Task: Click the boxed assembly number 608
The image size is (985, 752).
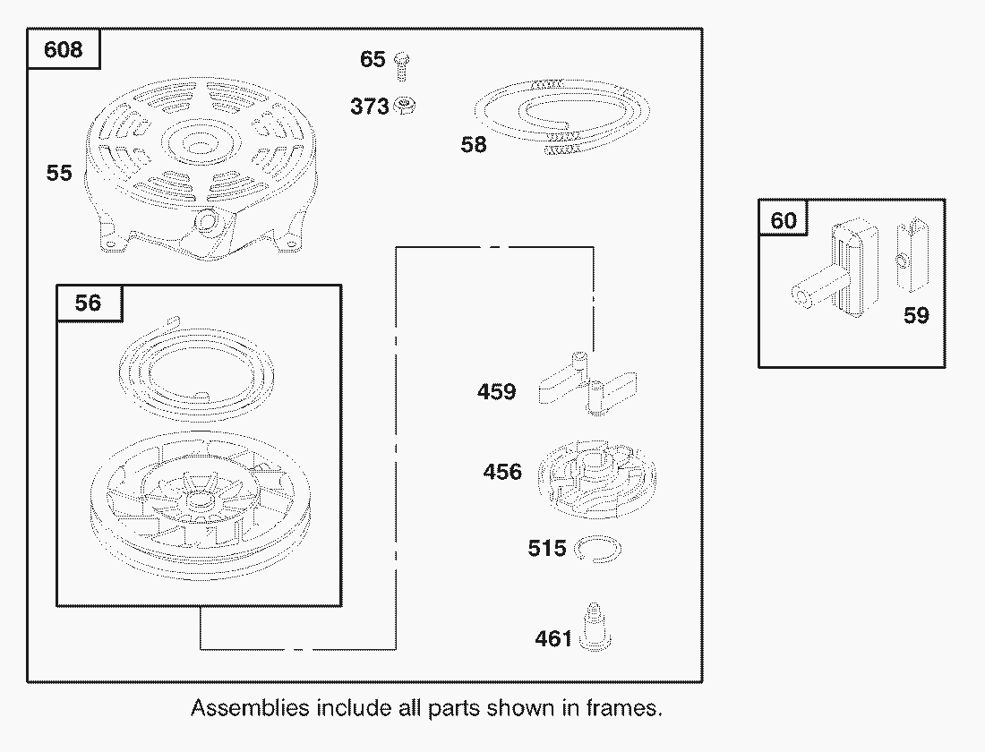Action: (x=63, y=48)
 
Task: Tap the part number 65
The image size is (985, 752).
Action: (x=373, y=60)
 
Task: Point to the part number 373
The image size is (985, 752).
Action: (x=369, y=107)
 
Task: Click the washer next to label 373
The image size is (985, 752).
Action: (x=406, y=107)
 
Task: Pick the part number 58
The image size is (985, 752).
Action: (x=474, y=144)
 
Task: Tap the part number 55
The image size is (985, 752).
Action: (x=59, y=173)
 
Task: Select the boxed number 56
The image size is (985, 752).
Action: (x=88, y=303)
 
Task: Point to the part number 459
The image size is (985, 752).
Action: (x=496, y=392)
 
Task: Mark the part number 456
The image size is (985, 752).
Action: (x=502, y=472)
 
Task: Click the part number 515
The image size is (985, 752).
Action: (x=547, y=548)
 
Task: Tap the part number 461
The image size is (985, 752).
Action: (x=553, y=639)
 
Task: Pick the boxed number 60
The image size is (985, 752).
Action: (x=784, y=219)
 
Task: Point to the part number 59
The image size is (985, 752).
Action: (x=916, y=315)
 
